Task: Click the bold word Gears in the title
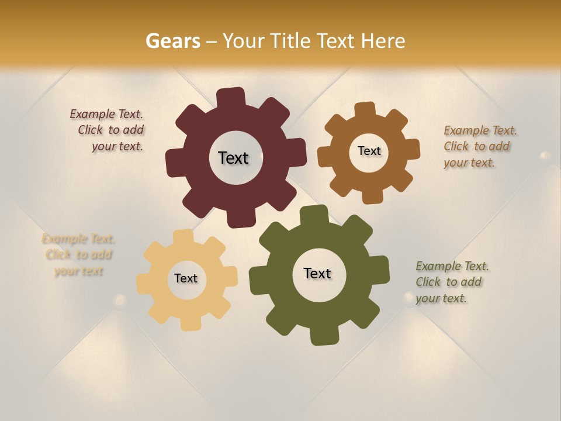(172, 41)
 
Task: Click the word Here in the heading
(383, 41)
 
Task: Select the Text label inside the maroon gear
(233, 158)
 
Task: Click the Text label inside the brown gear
(369, 151)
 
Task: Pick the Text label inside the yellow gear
(186, 278)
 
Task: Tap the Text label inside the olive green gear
(317, 273)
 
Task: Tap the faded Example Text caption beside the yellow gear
(78, 255)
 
